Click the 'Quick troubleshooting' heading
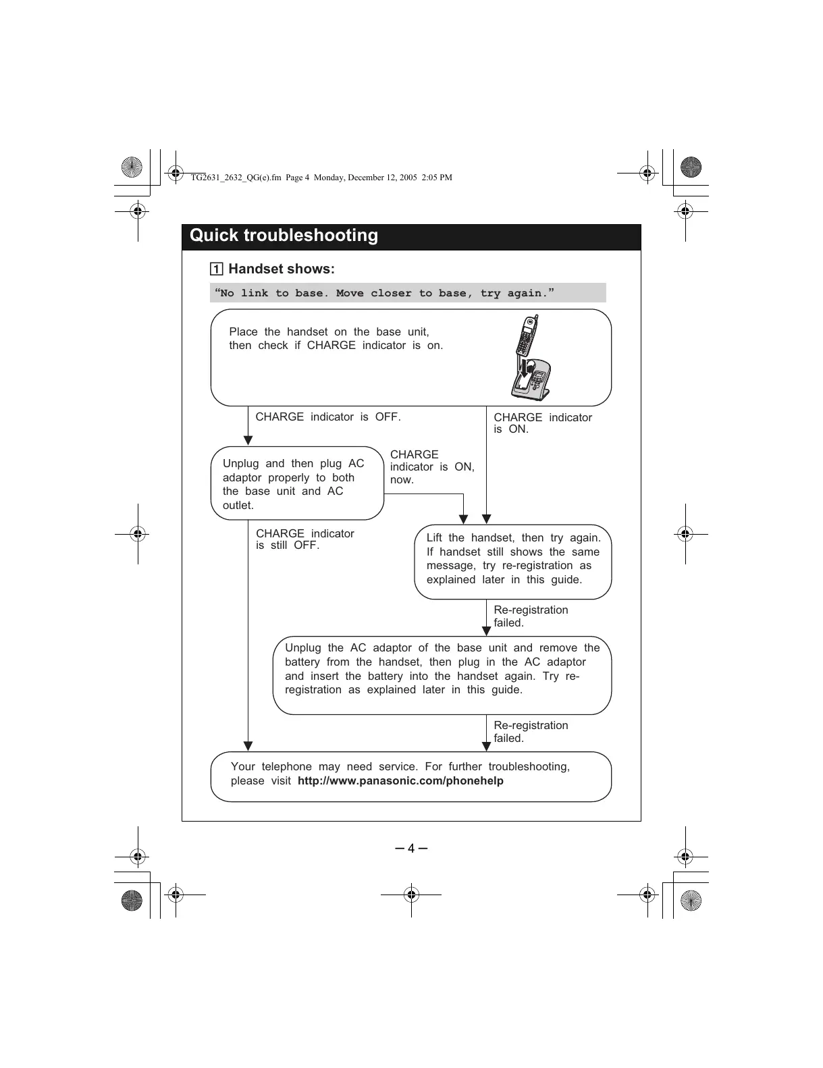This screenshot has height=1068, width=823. pyautogui.click(x=284, y=236)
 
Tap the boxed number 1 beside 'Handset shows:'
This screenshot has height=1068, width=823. pyautogui.click(x=216, y=269)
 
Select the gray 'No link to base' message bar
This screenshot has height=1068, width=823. pyautogui.click(x=408, y=293)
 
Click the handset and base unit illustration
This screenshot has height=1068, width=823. pyautogui.click(x=531, y=358)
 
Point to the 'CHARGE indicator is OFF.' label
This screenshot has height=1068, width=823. pyautogui.click(x=328, y=417)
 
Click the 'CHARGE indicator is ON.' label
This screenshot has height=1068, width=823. pyautogui.click(x=542, y=423)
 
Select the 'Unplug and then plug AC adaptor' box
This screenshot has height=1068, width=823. pyautogui.click(x=297, y=483)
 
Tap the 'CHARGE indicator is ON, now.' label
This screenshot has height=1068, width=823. pyautogui.click(x=431, y=467)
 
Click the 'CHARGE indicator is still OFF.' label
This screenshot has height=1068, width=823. pyautogui.click(x=304, y=539)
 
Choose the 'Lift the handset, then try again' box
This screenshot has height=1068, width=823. pyautogui.click(x=512, y=561)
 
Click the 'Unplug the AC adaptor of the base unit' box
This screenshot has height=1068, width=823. pyautogui.click(x=442, y=674)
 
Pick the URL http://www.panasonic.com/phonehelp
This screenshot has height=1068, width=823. pyautogui.click(x=400, y=781)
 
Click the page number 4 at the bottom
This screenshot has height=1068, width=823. pyautogui.click(x=411, y=849)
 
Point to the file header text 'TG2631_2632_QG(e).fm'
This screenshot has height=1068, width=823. pyautogui.click(x=236, y=178)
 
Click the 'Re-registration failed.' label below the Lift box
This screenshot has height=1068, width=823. pyautogui.click(x=531, y=616)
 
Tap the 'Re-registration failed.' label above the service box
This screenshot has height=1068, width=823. pyautogui.click(x=531, y=732)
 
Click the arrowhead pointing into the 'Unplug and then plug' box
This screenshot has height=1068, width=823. pyautogui.click(x=248, y=440)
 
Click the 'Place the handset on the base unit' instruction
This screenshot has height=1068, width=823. pyautogui.click(x=336, y=339)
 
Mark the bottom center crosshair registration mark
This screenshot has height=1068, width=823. pyautogui.click(x=411, y=895)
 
